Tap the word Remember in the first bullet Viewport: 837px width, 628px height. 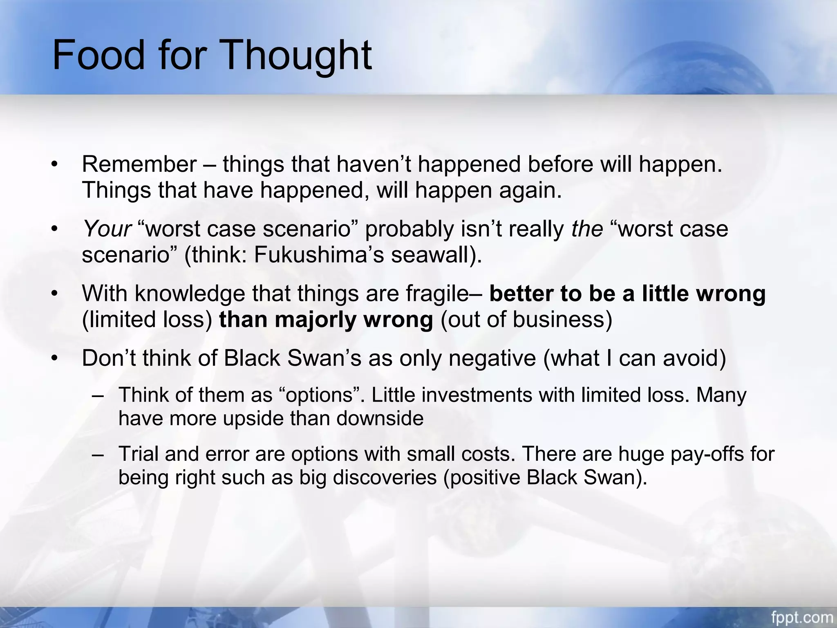139,164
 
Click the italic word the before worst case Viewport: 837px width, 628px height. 587,229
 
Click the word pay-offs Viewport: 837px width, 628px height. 707,454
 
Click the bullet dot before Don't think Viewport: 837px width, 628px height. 55,359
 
